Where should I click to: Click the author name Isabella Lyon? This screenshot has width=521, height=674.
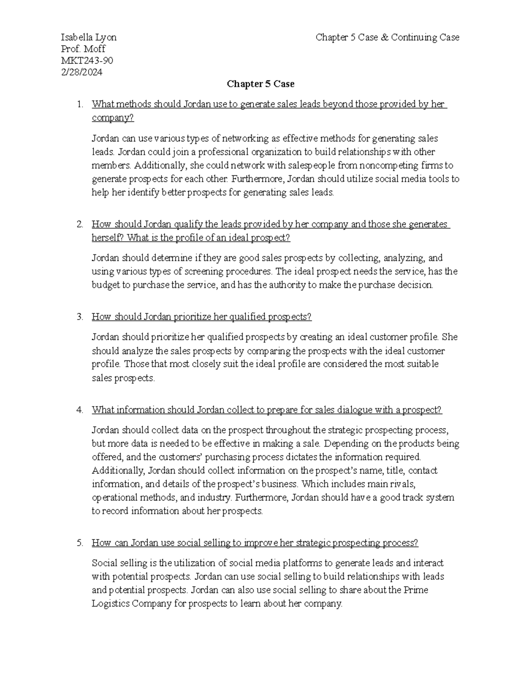89,37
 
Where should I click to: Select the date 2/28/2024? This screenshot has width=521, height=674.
82,72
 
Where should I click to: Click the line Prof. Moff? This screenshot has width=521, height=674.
84,49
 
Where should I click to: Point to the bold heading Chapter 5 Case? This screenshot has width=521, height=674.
260,84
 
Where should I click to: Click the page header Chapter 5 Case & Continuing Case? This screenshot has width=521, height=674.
387,37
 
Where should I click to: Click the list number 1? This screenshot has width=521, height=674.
79,104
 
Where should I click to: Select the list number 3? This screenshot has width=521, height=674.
79,317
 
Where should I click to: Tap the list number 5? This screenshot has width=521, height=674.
79,543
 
